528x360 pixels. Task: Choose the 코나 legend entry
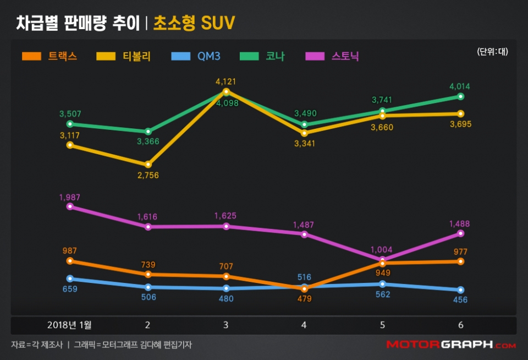point(263,56)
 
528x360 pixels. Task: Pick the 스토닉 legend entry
point(333,56)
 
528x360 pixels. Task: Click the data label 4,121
point(226,81)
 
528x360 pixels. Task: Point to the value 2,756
point(148,175)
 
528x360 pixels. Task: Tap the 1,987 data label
point(70,196)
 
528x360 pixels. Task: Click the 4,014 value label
point(460,86)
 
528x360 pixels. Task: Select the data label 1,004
point(382,249)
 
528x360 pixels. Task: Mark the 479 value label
point(304,298)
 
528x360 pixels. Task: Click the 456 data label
point(460,299)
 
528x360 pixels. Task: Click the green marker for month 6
point(460,96)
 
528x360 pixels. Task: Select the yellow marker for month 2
point(148,165)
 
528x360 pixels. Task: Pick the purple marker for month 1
point(70,206)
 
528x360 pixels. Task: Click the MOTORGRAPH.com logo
point(451,345)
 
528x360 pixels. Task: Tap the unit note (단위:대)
point(492,52)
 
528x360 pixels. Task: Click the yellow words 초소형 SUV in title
point(194,23)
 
